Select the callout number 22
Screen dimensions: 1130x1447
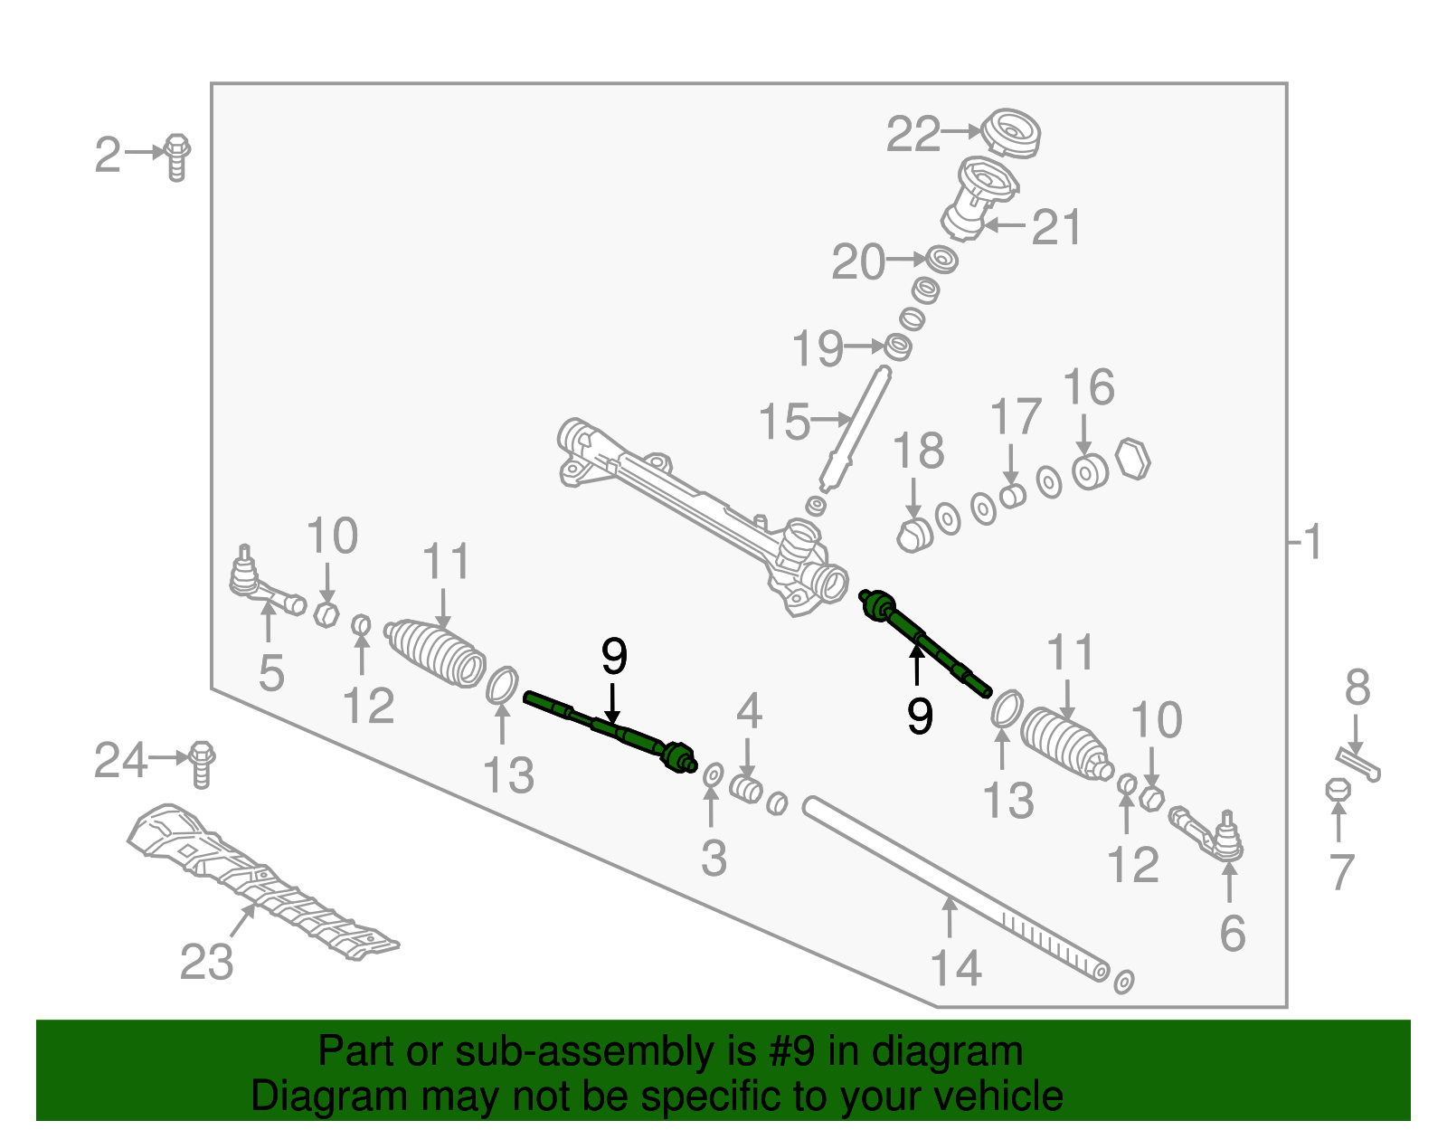913,135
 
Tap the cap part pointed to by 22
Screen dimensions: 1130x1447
1011,133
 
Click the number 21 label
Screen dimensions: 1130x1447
1056,227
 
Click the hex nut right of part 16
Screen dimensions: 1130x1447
1132,459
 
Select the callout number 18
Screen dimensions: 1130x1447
918,451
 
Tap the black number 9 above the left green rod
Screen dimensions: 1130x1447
614,657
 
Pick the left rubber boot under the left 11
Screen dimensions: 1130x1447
436,652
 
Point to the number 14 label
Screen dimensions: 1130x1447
956,969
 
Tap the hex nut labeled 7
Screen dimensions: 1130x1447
1338,790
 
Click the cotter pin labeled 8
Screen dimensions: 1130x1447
1357,763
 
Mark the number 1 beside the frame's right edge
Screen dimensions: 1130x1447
1312,543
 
